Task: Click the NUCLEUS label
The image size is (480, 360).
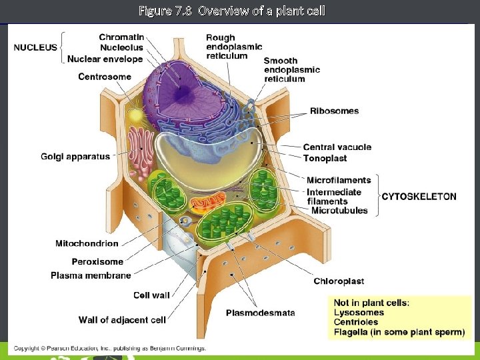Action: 35,47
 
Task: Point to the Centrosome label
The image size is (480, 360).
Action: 105,77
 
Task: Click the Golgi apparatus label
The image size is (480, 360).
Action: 75,157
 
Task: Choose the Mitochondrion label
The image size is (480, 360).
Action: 87,244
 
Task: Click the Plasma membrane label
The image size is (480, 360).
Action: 91,275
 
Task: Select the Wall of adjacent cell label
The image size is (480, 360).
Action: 122,320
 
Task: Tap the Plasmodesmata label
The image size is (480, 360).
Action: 260,313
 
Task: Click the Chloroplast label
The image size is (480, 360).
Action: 339,281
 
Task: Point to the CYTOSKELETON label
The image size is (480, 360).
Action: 419,197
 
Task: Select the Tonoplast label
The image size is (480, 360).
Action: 325,159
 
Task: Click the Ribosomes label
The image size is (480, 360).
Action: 334,111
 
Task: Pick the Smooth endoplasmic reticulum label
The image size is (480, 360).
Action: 292,69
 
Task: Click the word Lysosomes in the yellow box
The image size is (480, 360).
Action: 359,312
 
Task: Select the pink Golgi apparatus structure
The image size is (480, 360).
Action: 141,147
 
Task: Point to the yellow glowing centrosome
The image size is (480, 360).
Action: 137,115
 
